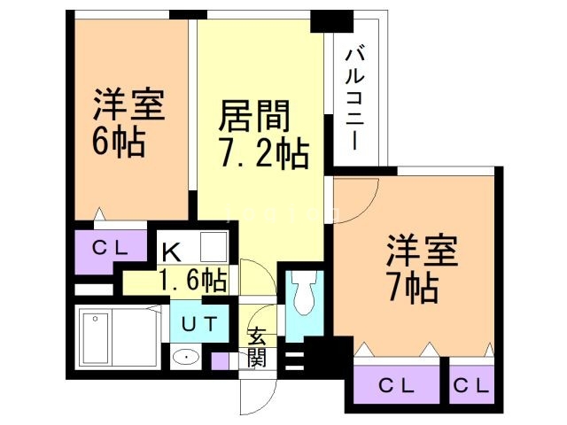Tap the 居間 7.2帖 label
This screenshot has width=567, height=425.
point(263,135)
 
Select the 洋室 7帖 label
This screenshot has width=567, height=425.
point(422,268)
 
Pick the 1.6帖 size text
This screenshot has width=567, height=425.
point(193,281)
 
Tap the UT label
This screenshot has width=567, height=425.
point(198,324)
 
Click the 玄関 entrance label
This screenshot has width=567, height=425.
point(257,346)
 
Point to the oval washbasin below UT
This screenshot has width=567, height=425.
point(187,358)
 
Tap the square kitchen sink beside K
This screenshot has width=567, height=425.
point(214,246)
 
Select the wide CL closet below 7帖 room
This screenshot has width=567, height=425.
point(396,385)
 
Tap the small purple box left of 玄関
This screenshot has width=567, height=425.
point(220,360)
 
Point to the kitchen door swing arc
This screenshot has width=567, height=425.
point(251,274)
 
